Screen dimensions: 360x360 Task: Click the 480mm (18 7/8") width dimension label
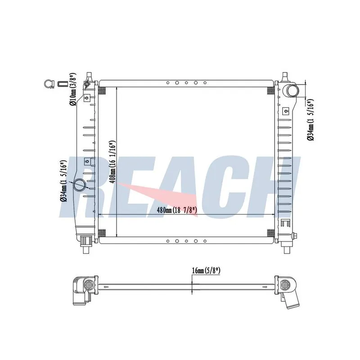[177, 210]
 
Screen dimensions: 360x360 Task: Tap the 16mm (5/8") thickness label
[206, 271]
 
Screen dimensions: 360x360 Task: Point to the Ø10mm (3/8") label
[73, 89]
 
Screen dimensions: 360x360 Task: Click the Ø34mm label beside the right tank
[310, 120]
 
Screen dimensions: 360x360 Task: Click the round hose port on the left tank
[79, 184]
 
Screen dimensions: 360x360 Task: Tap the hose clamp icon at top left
[49, 84]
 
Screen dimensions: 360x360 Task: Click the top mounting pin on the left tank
[89, 76]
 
